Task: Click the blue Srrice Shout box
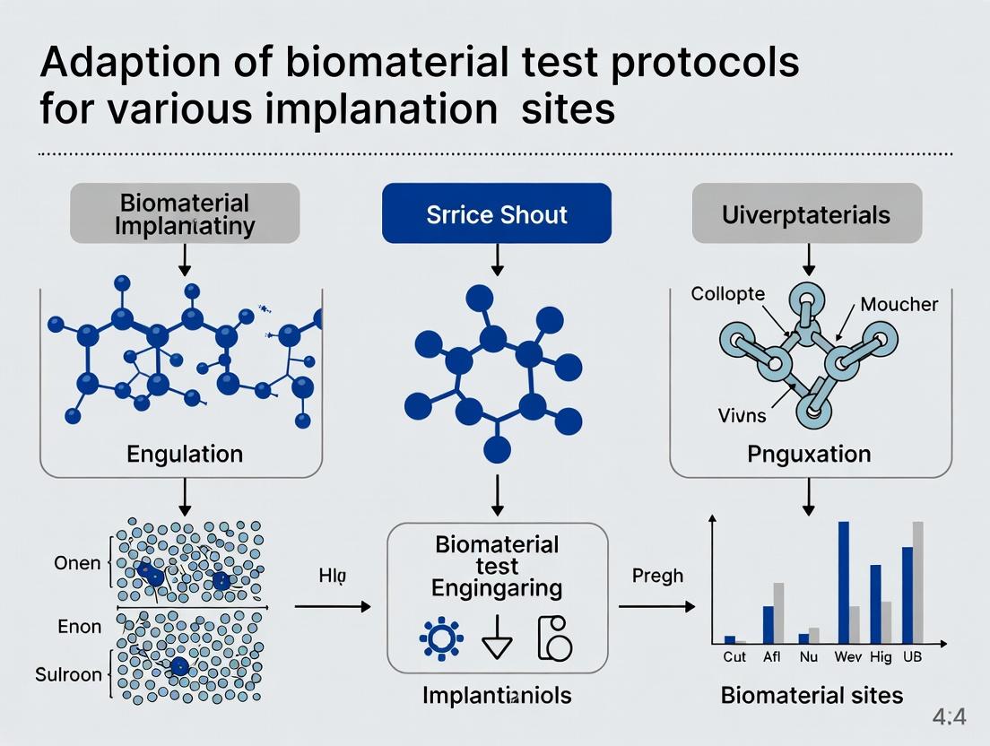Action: (496, 213)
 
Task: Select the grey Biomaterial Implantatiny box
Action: (184, 213)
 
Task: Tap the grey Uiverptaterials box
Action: (806, 213)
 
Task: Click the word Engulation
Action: (184, 453)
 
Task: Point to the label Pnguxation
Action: (809, 454)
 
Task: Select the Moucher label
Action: (899, 304)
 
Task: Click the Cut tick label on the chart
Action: (734, 657)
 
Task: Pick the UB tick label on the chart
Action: (912, 657)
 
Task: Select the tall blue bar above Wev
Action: (844, 582)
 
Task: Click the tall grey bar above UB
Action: (918, 582)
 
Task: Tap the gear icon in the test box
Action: (441, 638)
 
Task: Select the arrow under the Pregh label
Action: (656, 607)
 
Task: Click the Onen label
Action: (78, 564)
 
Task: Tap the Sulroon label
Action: (68, 674)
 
